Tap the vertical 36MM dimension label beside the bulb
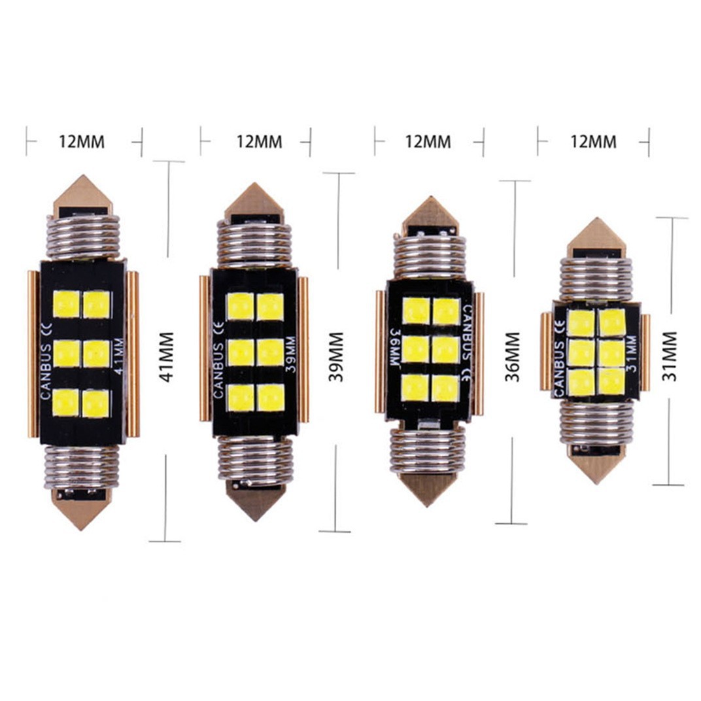click(513, 357)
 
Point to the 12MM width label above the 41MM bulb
click(82, 142)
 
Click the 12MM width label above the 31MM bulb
click(593, 141)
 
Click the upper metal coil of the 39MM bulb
click(254, 243)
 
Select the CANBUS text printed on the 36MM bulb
click(467, 331)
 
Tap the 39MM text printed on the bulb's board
click(290, 354)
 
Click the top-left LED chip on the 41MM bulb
click(66, 304)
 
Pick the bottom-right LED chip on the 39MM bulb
click(270, 398)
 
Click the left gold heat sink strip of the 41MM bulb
click(33, 354)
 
